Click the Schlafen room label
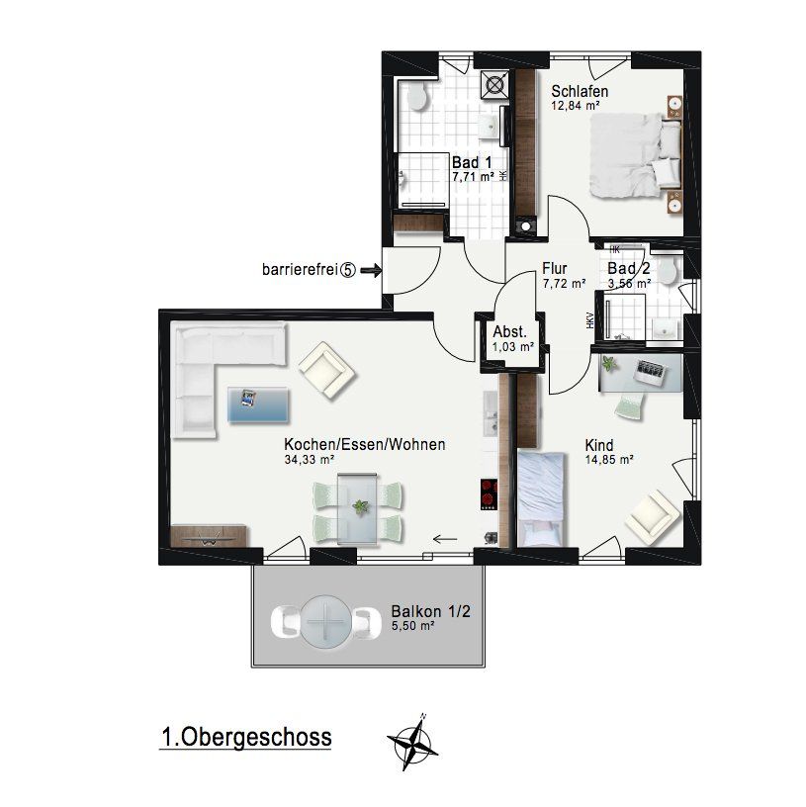point(580,92)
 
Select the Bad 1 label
point(472,162)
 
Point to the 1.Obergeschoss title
point(246,737)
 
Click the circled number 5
point(348,270)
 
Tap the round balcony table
point(325,622)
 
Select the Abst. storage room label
point(509,331)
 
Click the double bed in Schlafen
point(636,155)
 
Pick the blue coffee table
point(258,405)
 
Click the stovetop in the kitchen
point(489,494)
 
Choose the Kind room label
point(598,445)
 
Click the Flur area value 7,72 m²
point(564,283)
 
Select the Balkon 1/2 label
point(430,611)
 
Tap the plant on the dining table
point(360,507)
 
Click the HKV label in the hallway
point(589,320)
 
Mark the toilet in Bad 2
point(670,271)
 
